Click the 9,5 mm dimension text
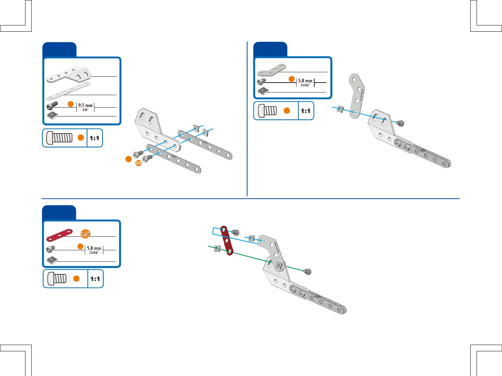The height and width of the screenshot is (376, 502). [85, 105]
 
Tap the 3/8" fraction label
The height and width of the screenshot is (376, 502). [85, 110]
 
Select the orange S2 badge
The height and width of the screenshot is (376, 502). [138, 163]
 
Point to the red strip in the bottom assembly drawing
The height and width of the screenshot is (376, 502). [227, 241]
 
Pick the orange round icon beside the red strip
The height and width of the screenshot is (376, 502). [85, 233]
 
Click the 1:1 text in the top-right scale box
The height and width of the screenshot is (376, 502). [306, 111]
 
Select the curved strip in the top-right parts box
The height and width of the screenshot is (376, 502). [271, 69]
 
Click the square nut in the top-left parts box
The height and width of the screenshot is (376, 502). [52, 115]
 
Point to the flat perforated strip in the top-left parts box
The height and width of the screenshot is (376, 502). [68, 91]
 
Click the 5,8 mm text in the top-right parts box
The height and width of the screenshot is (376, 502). [305, 81]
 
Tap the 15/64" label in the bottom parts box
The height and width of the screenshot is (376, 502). [94, 253]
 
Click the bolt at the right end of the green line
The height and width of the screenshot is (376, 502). [307, 272]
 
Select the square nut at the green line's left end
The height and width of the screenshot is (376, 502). [217, 248]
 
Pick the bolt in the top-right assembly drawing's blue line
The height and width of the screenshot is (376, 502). [399, 123]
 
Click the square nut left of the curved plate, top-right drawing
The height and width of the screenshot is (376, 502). [341, 109]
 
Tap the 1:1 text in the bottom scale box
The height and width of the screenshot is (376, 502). [95, 279]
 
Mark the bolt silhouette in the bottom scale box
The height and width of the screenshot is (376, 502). [57, 278]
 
